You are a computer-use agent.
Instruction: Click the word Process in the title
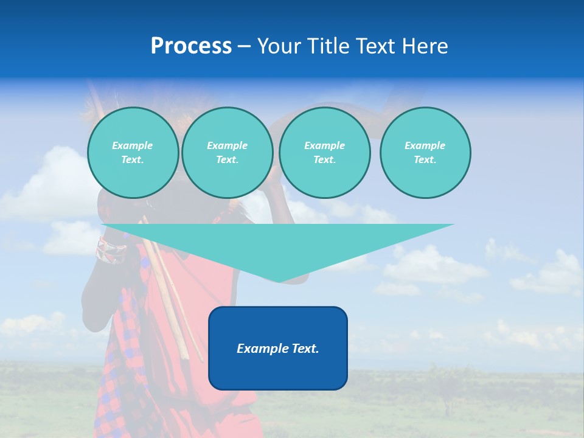tap(191, 46)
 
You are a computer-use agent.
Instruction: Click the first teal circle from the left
tap(133, 152)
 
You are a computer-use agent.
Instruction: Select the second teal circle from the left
tap(227, 152)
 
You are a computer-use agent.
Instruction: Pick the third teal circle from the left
tap(324, 152)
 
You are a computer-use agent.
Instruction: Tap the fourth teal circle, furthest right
tap(425, 152)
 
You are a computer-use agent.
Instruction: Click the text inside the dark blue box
tap(278, 349)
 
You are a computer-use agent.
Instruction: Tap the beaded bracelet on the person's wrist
tap(110, 250)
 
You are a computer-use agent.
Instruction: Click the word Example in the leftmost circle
tap(133, 145)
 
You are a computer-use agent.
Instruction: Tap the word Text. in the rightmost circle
tap(425, 159)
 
